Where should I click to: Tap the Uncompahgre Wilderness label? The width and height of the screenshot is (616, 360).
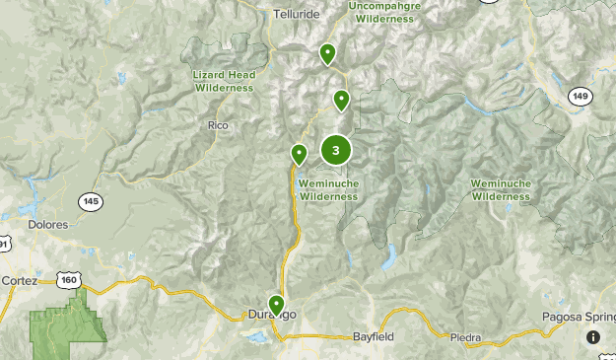384,12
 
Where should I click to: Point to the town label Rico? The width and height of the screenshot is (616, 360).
218,125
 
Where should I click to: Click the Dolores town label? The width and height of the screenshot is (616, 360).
49,225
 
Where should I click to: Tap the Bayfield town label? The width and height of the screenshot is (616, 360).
373,337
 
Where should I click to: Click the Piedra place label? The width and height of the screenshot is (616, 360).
465,337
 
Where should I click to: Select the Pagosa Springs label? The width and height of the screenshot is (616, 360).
578,318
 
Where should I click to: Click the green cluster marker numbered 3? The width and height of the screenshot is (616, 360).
336,151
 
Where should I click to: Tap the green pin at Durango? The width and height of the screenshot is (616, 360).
277,304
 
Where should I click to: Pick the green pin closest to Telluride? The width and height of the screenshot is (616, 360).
327,53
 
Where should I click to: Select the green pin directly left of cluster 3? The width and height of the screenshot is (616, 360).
299,154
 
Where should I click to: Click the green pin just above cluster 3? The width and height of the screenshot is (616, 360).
341,99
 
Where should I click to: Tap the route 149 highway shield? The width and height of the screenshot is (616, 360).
580,96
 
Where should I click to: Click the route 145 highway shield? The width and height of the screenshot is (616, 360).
92,201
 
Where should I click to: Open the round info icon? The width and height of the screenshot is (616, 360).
593,337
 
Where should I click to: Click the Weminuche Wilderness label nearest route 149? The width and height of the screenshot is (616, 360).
500,190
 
